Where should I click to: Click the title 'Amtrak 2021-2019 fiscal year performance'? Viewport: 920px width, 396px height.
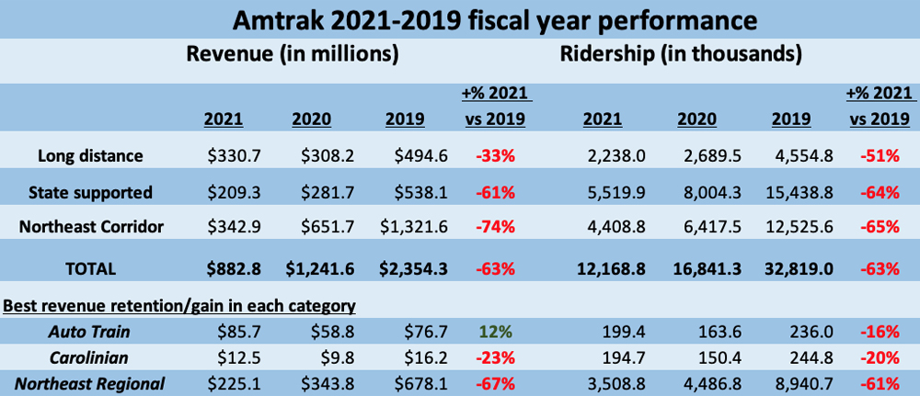click(x=460, y=18)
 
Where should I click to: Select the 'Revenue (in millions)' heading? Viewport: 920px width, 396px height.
click(x=292, y=54)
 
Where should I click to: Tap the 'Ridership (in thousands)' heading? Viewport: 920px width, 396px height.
click(x=680, y=54)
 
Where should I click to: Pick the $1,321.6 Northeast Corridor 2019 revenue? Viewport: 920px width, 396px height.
click(x=414, y=226)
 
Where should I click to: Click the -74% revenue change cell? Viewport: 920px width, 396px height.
click(x=495, y=226)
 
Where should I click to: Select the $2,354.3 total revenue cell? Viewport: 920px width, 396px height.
click(x=414, y=268)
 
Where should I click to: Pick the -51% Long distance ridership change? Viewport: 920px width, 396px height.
click(x=880, y=156)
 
